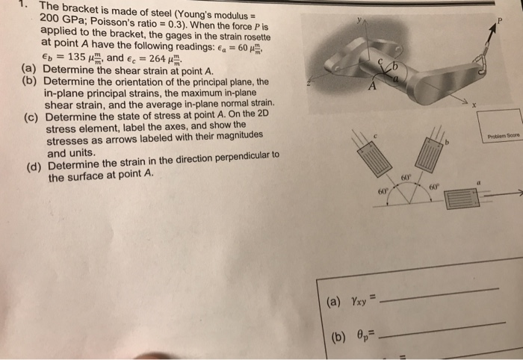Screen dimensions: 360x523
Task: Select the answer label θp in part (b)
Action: (x=361, y=334)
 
